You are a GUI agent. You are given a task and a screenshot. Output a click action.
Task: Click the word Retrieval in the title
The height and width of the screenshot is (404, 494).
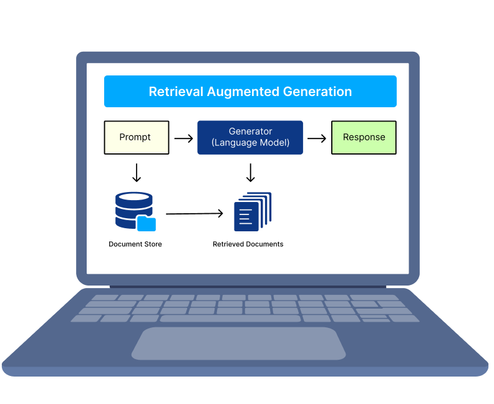point(176,92)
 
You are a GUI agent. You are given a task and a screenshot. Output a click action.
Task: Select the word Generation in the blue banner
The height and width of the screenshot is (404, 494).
point(317,92)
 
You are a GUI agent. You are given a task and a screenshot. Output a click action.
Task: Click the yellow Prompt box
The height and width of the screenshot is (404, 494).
point(136,137)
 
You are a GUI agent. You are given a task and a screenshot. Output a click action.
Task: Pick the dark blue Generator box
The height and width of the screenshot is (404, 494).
point(250,137)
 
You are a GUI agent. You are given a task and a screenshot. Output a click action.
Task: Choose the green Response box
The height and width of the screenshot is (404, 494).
point(364,137)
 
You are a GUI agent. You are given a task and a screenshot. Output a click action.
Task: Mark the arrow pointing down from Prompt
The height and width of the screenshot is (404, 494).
point(137,172)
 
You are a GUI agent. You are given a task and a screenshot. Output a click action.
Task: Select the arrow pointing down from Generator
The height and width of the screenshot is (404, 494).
point(251,172)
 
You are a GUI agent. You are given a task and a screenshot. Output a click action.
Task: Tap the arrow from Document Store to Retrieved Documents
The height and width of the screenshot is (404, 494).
point(195,214)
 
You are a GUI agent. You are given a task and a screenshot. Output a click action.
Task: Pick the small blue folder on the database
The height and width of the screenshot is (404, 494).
point(146,223)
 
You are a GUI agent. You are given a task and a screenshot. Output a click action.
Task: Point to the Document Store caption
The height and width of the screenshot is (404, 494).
point(135,244)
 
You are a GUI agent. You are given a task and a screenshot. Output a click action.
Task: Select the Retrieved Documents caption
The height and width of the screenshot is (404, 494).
point(248,244)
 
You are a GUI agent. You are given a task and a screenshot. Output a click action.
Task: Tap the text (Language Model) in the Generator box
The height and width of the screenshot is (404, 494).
point(250,143)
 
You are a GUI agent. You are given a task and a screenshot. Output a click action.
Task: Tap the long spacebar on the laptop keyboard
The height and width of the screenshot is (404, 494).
point(230,319)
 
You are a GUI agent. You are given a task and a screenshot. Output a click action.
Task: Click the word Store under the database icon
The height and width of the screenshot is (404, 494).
point(152,244)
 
